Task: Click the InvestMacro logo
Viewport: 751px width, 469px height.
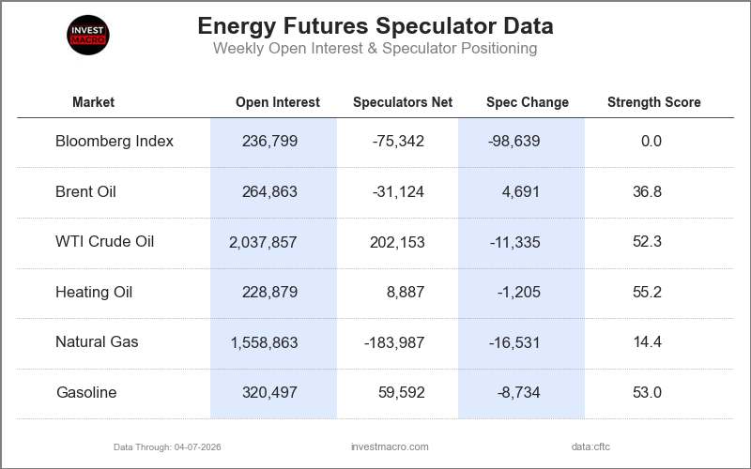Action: pos(89,35)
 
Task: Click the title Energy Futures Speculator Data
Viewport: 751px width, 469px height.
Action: pos(375,25)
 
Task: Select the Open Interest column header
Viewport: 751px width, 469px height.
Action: pos(277,102)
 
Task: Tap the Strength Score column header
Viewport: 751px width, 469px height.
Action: pos(653,102)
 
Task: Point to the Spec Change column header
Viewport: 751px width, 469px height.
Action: pos(527,102)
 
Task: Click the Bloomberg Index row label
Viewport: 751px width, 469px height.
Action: pos(115,142)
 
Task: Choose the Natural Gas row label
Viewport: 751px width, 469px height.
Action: pos(97,341)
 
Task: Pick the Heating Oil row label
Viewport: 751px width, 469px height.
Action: pos(94,292)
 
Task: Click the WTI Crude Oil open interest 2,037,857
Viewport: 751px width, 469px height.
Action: pos(263,242)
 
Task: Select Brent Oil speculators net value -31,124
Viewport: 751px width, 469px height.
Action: pos(398,192)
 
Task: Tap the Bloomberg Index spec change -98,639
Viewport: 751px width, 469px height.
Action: pos(514,142)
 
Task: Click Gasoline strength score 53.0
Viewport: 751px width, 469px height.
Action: pos(647,392)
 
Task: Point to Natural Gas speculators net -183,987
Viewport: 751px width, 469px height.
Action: pos(394,342)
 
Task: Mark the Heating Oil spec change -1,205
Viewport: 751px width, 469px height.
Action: pos(518,292)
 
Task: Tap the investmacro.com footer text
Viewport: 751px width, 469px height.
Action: pos(389,446)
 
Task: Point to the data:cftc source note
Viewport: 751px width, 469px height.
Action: pos(590,446)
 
